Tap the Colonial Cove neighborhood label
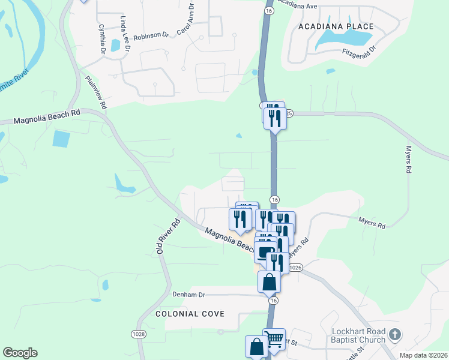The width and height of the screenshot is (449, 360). (x=190, y=314)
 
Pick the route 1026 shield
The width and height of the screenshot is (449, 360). (x=295, y=267)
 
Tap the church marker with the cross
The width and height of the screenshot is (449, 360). (x=394, y=334)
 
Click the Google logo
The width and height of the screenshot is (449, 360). (x=20, y=353)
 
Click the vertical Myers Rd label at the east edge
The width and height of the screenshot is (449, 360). (x=408, y=160)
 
